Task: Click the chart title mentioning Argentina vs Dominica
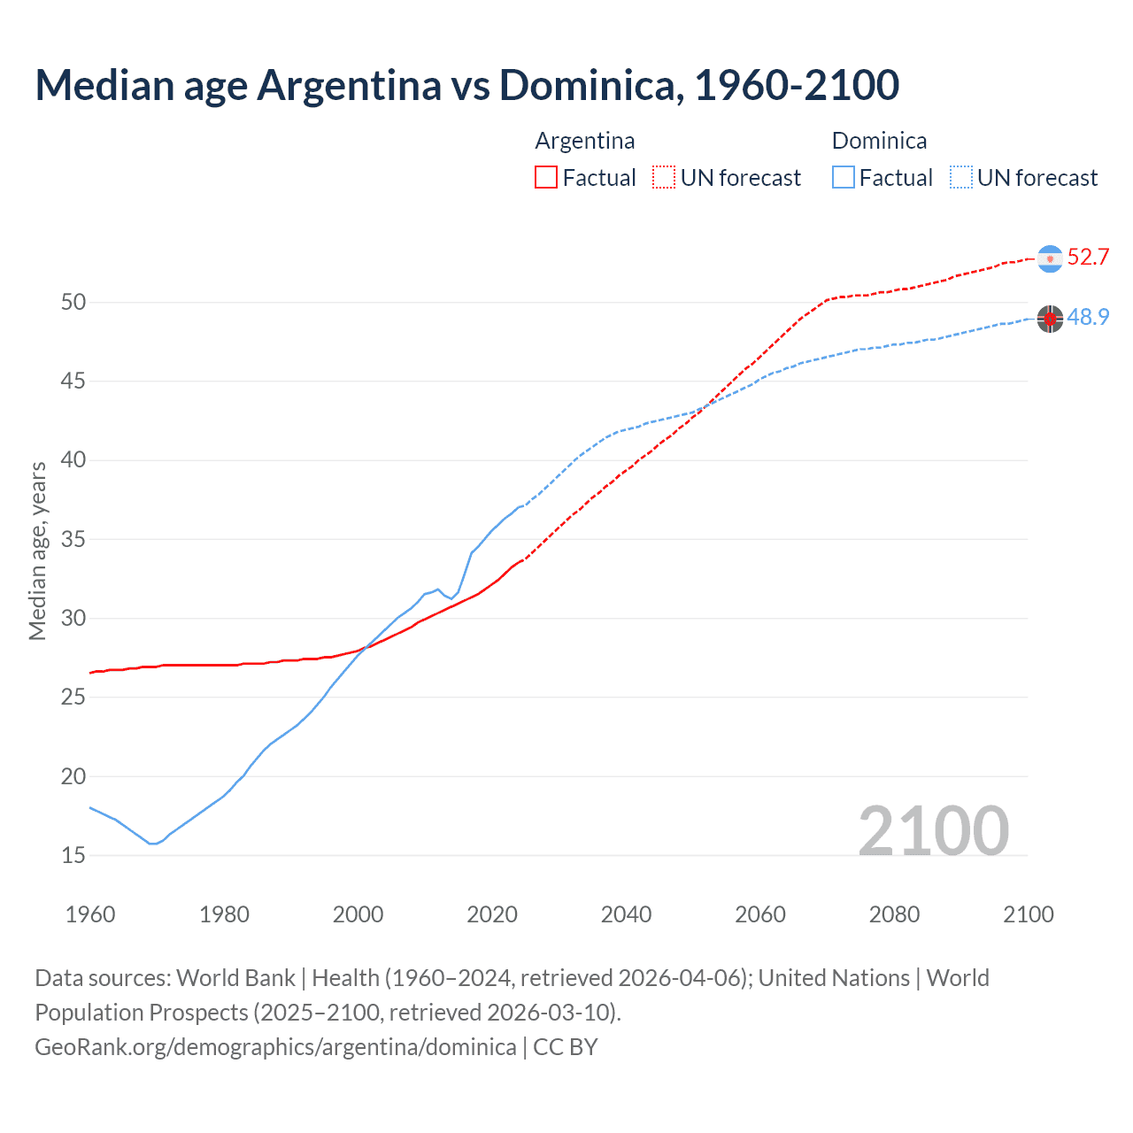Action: coord(466,85)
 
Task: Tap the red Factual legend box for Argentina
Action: coord(546,178)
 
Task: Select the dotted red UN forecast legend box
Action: coord(664,178)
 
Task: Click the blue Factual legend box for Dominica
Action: coord(843,178)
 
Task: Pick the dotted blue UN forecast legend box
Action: coord(960,178)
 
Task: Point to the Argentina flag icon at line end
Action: coord(1050,258)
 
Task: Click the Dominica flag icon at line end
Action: coord(1050,319)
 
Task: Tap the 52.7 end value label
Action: coord(1088,258)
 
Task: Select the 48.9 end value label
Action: coord(1088,318)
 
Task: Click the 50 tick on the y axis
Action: coord(73,303)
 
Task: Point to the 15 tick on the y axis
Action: coord(73,856)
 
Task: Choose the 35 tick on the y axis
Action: coord(73,540)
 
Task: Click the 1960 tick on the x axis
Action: coord(90,914)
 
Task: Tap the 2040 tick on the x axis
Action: coord(626,914)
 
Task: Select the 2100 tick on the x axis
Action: coord(1028,914)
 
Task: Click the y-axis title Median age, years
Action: coord(37,551)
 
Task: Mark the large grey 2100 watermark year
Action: coord(933,831)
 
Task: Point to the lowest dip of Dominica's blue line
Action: coord(152,844)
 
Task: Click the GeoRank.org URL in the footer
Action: coord(275,1047)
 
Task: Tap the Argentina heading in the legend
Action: coord(585,141)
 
